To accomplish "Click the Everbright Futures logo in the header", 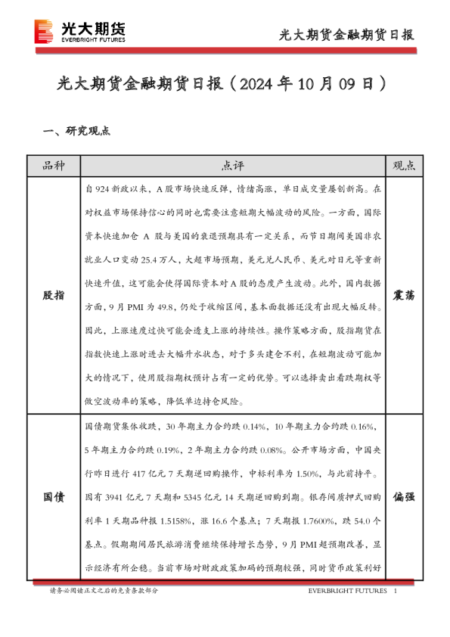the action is click(x=79, y=31).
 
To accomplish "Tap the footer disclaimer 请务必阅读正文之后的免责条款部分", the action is click(x=104, y=590).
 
